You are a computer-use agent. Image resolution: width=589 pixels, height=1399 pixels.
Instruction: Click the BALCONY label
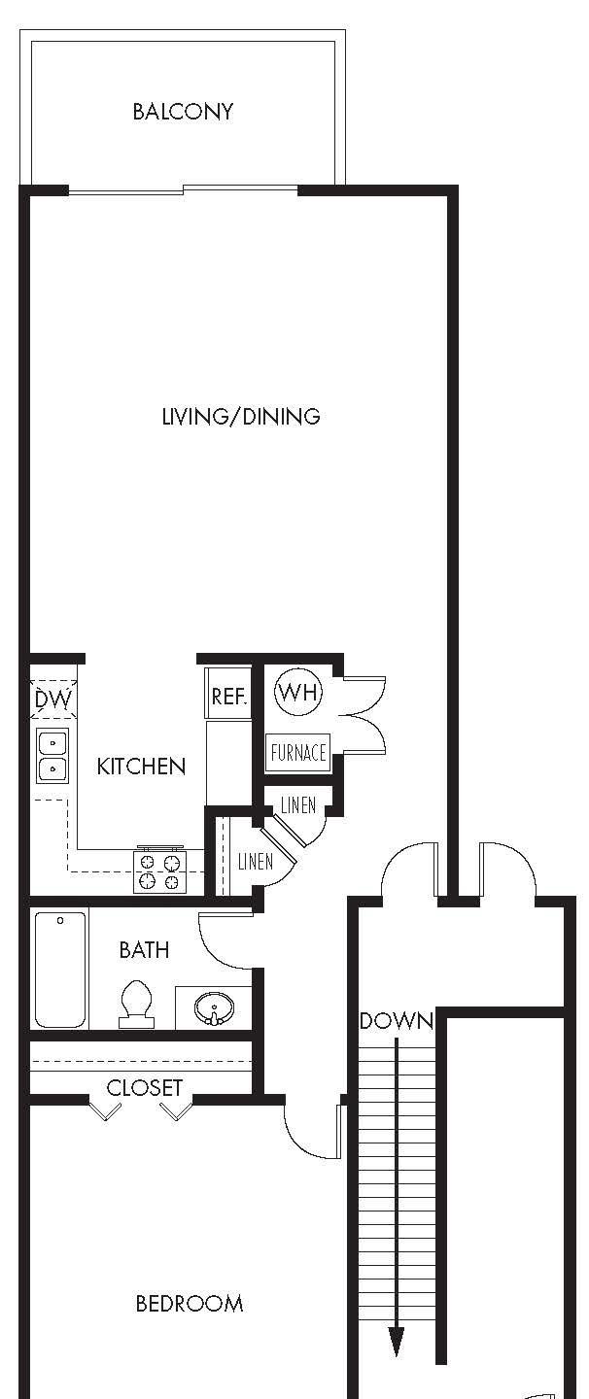(183, 112)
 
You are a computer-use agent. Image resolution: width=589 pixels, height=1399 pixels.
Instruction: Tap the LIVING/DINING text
(241, 417)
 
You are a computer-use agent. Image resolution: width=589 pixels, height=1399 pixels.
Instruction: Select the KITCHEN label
(141, 767)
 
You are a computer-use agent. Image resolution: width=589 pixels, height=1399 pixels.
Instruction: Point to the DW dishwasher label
(53, 699)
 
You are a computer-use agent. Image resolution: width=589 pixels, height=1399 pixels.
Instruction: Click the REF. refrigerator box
(229, 698)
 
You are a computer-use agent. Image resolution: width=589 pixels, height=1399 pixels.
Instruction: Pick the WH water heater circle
(297, 693)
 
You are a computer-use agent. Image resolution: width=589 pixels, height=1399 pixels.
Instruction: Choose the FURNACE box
(298, 752)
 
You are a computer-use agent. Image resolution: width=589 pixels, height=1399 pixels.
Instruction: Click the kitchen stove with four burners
(159, 870)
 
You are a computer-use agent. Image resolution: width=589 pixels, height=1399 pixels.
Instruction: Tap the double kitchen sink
(52, 756)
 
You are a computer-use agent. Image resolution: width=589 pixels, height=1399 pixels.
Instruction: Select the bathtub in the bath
(60, 969)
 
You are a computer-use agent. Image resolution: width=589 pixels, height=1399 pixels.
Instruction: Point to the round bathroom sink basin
(213, 1009)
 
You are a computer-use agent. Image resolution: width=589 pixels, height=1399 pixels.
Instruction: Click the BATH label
(144, 949)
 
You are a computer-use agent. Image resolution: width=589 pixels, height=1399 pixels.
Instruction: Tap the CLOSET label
(145, 1088)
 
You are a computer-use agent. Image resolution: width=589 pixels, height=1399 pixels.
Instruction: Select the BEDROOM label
(190, 1304)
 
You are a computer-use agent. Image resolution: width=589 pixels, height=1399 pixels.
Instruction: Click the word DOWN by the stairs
(396, 1021)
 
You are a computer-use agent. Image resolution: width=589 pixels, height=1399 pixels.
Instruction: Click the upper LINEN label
(297, 805)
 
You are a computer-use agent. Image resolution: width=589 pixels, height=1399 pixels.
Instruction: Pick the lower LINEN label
(255, 862)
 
